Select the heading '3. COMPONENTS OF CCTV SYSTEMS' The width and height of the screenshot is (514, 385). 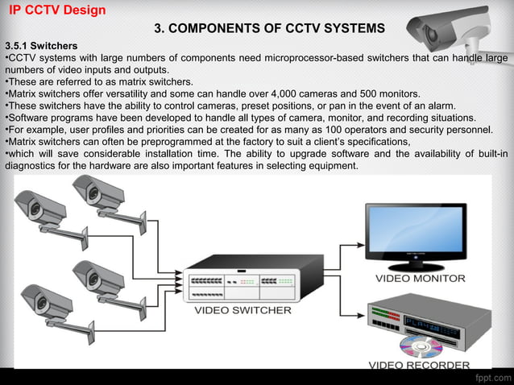pyautogui.click(x=269, y=29)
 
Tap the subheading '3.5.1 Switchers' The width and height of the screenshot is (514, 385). pyautogui.click(x=41, y=46)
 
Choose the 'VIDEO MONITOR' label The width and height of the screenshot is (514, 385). pyautogui.click(x=421, y=278)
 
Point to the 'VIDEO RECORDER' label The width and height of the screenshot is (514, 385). pyautogui.click(x=419, y=365)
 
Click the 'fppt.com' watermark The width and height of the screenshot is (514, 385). pyautogui.click(x=492, y=376)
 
